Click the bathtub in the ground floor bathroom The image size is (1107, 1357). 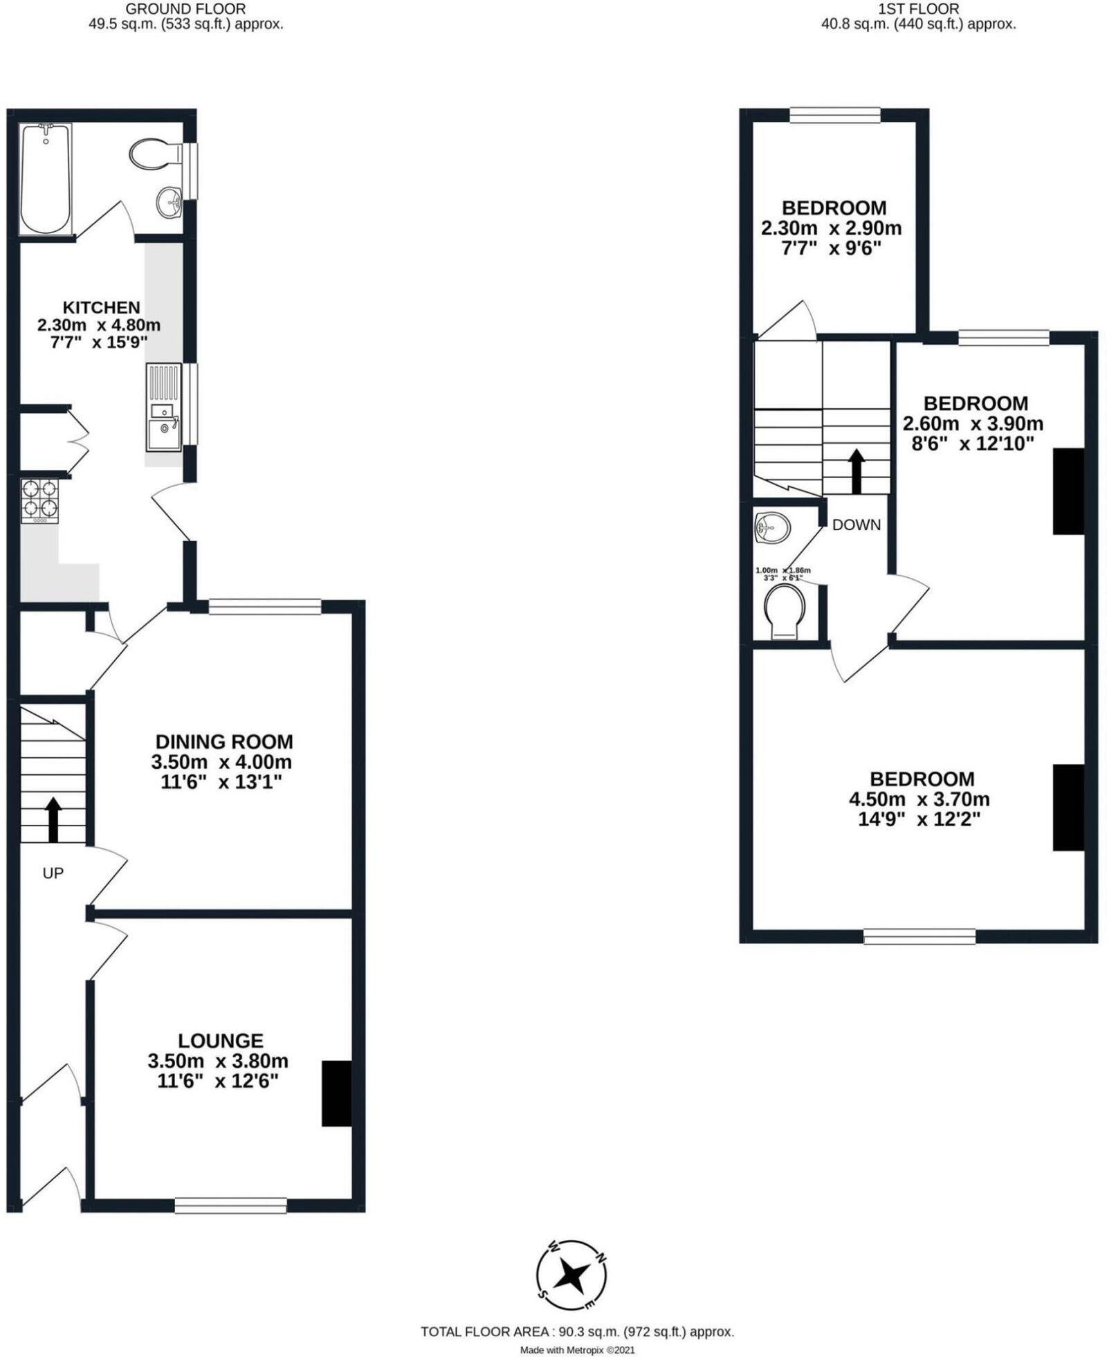[x=46, y=179]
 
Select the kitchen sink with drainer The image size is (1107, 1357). [x=164, y=408]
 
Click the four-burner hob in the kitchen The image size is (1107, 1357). [x=40, y=500]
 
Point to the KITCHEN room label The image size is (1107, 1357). [x=101, y=307]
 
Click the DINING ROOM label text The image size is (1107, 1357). [x=224, y=742]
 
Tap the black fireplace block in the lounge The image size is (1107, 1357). [x=336, y=1093]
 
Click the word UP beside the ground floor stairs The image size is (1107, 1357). [x=53, y=873]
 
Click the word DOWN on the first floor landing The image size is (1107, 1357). [x=857, y=525]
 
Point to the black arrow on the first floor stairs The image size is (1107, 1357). [x=857, y=471]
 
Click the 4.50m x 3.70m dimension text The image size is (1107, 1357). [x=919, y=799]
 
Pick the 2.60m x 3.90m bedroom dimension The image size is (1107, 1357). [x=973, y=424]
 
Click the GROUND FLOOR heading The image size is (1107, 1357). [x=186, y=9]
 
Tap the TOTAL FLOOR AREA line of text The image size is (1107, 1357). [x=577, y=1332]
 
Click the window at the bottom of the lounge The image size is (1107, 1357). [x=230, y=1205]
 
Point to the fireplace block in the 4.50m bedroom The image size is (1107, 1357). [x=1068, y=807]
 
